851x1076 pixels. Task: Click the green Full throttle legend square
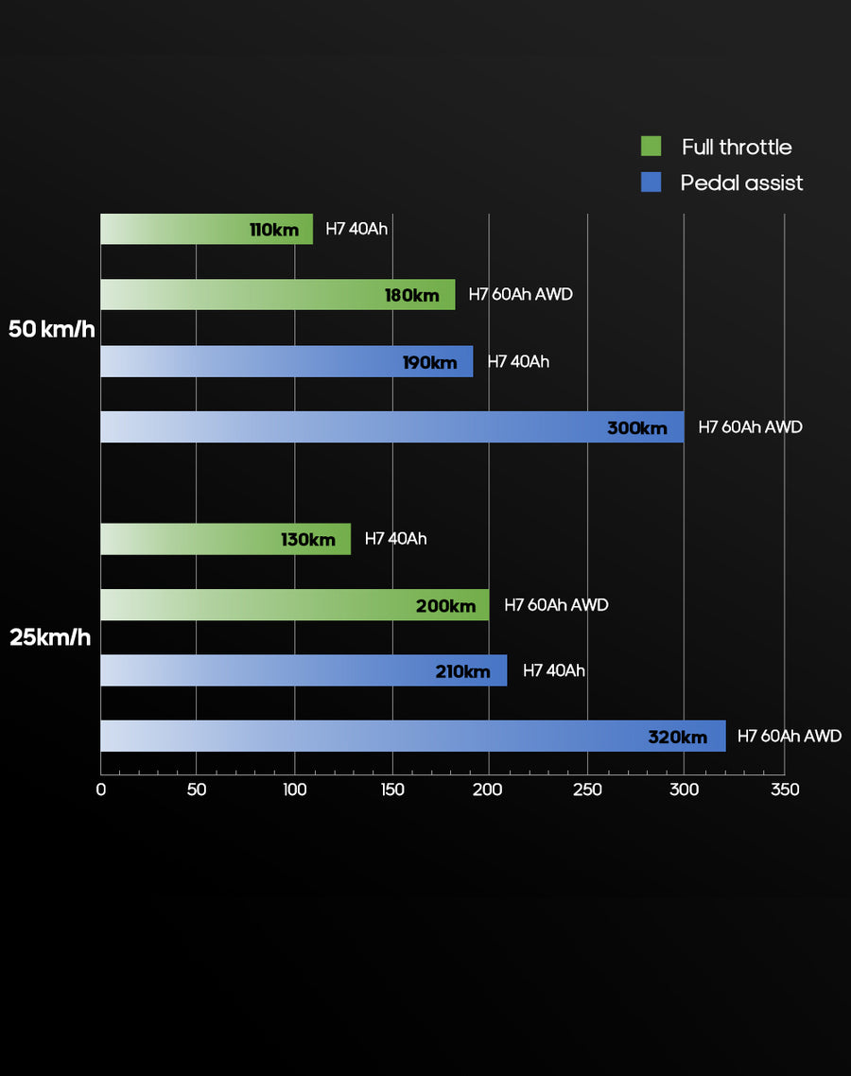(x=651, y=147)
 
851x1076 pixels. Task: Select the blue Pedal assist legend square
(x=651, y=182)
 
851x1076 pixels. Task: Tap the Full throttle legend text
(x=737, y=147)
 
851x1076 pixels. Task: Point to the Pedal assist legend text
(x=741, y=182)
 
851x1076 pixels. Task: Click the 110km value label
(x=274, y=230)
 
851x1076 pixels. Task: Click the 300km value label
(x=637, y=428)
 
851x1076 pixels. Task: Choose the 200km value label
(x=446, y=606)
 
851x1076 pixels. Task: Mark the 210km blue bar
(x=304, y=671)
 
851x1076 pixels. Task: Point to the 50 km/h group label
(x=52, y=329)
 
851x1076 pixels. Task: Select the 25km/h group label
(x=50, y=637)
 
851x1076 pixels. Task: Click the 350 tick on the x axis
(x=785, y=790)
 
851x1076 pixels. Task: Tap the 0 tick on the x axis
(x=101, y=790)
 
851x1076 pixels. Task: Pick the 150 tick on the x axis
(x=392, y=790)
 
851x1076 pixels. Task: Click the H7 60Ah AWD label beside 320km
(x=789, y=737)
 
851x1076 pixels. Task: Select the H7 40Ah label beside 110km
(x=356, y=229)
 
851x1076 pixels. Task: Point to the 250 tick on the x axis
(x=588, y=790)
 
